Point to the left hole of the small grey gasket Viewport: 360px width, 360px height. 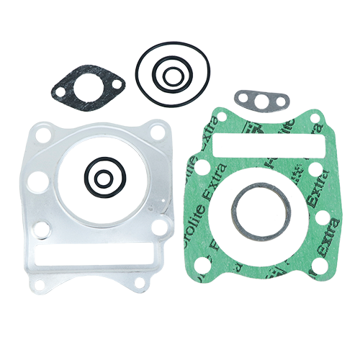tap(246, 96)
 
